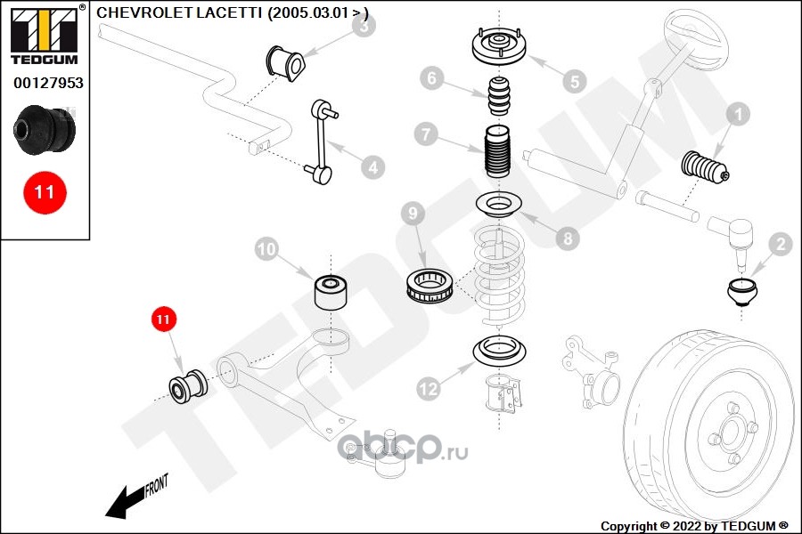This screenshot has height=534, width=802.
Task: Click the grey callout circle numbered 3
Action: click(363, 27)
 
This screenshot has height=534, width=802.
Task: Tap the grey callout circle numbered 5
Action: click(574, 81)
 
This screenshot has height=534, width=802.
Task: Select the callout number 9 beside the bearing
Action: click(413, 214)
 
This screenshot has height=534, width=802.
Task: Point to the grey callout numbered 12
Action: click(429, 388)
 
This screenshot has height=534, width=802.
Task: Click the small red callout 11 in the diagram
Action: click(163, 318)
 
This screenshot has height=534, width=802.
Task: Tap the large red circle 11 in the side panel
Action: click(45, 191)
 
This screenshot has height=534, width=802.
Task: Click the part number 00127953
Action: click(48, 83)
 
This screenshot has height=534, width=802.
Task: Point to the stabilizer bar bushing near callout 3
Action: click(286, 61)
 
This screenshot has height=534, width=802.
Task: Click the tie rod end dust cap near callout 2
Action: click(742, 292)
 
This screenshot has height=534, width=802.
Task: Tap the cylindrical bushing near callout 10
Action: click(331, 290)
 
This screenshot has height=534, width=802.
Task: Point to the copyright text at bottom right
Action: click(695, 525)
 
